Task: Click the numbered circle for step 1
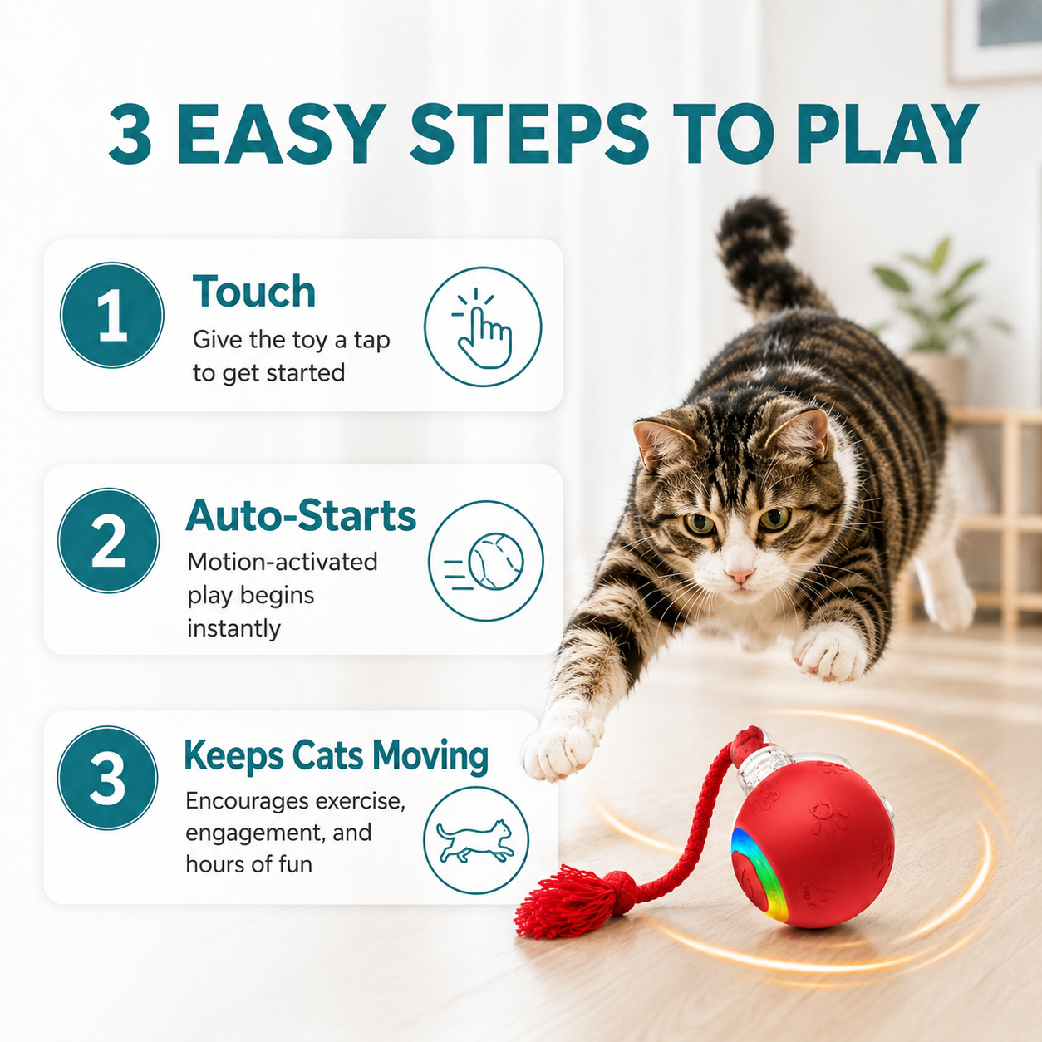pos(112,315)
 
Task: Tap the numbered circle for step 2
pos(109,540)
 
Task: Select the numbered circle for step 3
pos(107,777)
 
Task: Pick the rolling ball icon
pos(485,561)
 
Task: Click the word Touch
pos(253,291)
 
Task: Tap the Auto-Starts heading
pos(301,516)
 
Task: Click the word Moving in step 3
pos(430,755)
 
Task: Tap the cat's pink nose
pos(740,575)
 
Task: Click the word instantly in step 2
pos(234,628)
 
